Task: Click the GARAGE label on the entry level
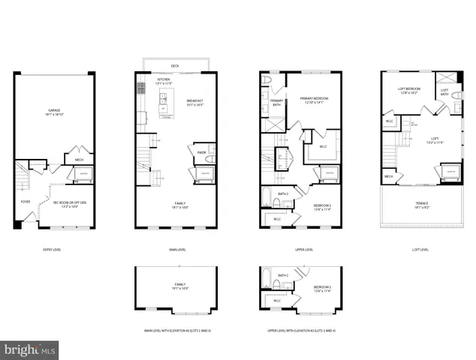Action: coord(54,110)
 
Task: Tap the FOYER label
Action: coord(26,201)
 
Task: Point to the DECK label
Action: coord(175,66)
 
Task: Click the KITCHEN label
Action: coord(163,78)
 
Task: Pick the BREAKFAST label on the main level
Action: coord(194,100)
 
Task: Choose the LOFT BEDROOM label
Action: coord(408,89)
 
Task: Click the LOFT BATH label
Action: coord(444,91)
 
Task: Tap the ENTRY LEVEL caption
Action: coord(53,250)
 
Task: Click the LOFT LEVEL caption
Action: coord(420,250)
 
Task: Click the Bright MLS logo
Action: coord(30,349)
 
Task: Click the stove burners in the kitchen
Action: coord(140,88)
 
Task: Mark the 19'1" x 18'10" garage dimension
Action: coord(54,115)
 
